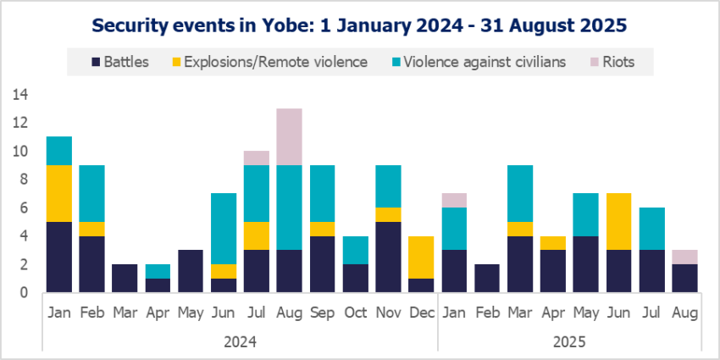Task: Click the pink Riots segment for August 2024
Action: [289, 136]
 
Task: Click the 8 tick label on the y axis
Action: [23, 180]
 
